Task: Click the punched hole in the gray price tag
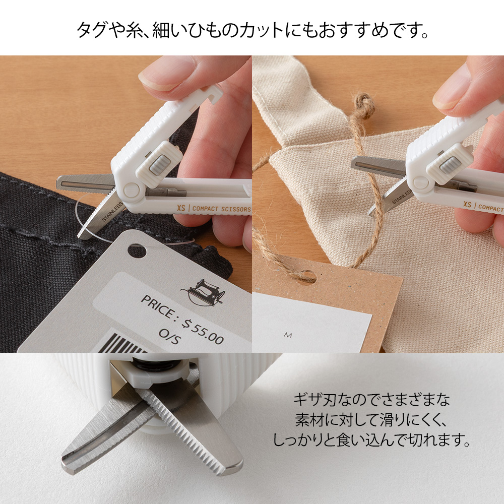(x=137, y=251)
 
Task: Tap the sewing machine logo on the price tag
(x=203, y=292)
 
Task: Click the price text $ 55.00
(x=203, y=331)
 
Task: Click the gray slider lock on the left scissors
(x=159, y=165)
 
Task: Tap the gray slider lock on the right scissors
(x=449, y=164)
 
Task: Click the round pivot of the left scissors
(x=132, y=190)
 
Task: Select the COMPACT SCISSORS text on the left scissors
(x=221, y=209)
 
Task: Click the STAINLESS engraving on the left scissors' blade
(x=112, y=212)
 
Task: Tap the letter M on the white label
(x=288, y=335)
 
